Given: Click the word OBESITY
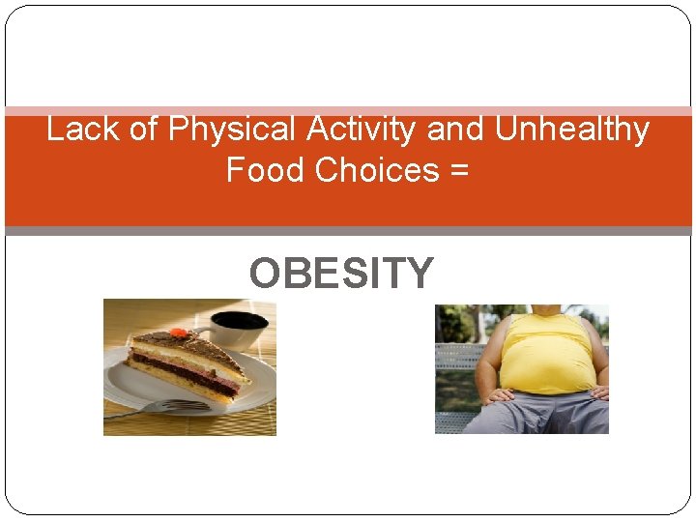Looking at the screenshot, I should coord(341,274).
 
